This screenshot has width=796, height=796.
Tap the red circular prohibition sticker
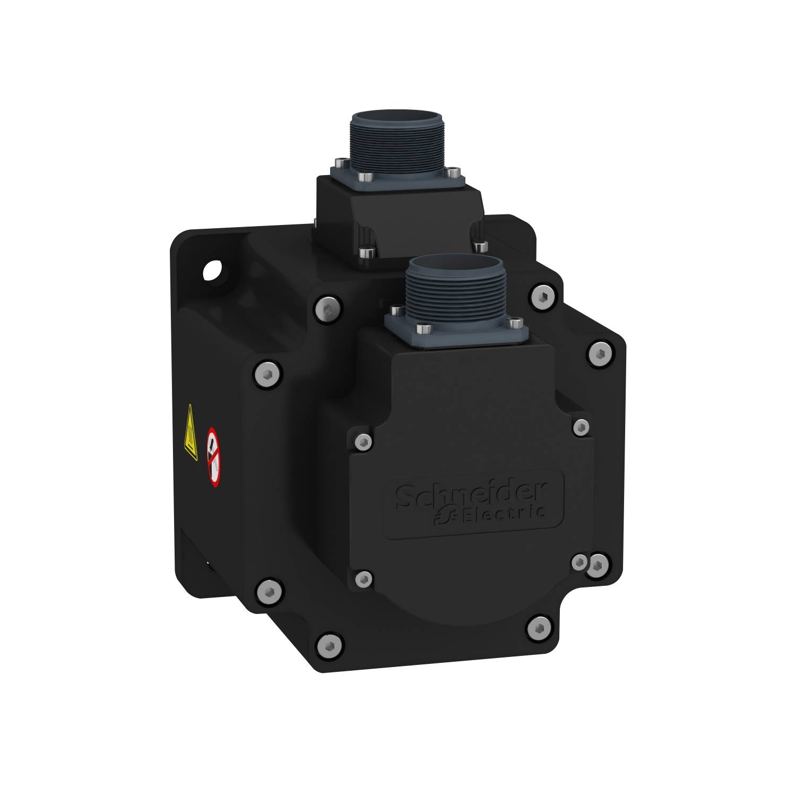point(213,456)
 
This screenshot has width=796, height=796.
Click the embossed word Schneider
point(472,494)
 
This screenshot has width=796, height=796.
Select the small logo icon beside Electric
point(443,517)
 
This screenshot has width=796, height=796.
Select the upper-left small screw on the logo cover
point(362,441)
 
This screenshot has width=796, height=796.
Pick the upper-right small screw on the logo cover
point(581,426)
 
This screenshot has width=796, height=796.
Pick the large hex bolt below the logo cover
point(539,628)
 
